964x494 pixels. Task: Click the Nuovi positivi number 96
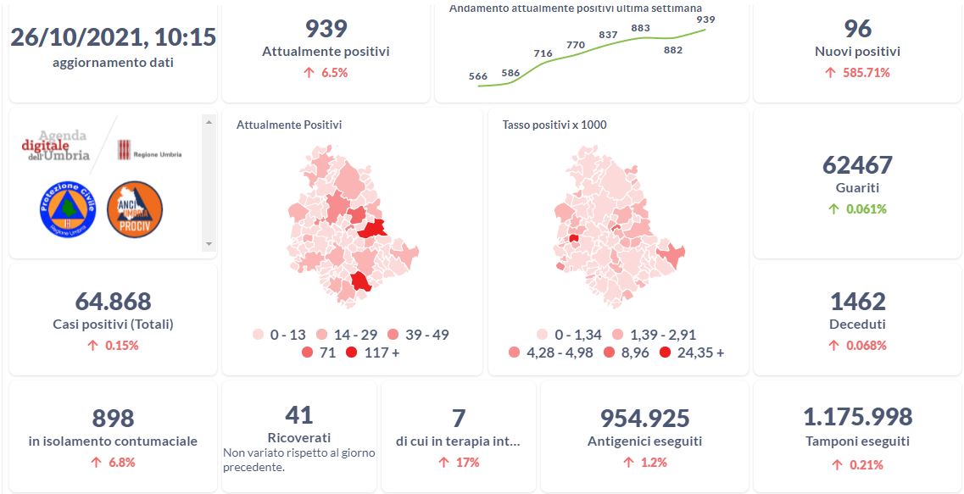(x=857, y=29)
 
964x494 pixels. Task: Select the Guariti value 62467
(x=857, y=164)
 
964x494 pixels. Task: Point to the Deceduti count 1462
(x=857, y=302)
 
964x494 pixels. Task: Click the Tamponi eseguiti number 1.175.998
(x=857, y=417)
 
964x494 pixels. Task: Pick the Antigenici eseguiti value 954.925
(x=644, y=419)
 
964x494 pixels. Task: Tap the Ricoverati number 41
(x=298, y=414)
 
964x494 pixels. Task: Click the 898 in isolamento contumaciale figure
(x=113, y=419)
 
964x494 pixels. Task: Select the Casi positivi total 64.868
(x=113, y=302)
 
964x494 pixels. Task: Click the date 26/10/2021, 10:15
(x=113, y=37)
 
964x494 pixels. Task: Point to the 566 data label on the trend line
(x=478, y=77)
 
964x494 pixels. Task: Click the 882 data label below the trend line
(x=673, y=50)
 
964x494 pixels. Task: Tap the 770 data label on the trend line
(x=576, y=45)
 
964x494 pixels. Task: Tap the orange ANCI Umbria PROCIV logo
(x=135, y=209)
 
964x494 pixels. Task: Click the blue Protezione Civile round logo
(x=68, y=209)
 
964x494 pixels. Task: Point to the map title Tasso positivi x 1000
(x=554, y=125)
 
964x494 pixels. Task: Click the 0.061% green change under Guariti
(x=865, y=209)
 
